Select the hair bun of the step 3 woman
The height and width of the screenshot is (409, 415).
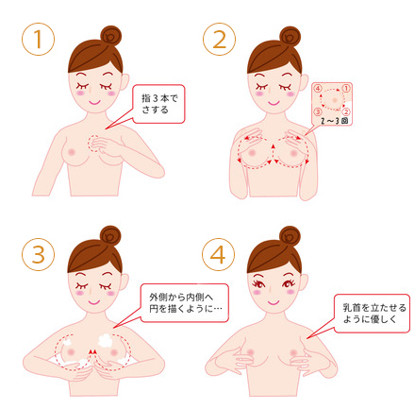coord(108,235)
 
